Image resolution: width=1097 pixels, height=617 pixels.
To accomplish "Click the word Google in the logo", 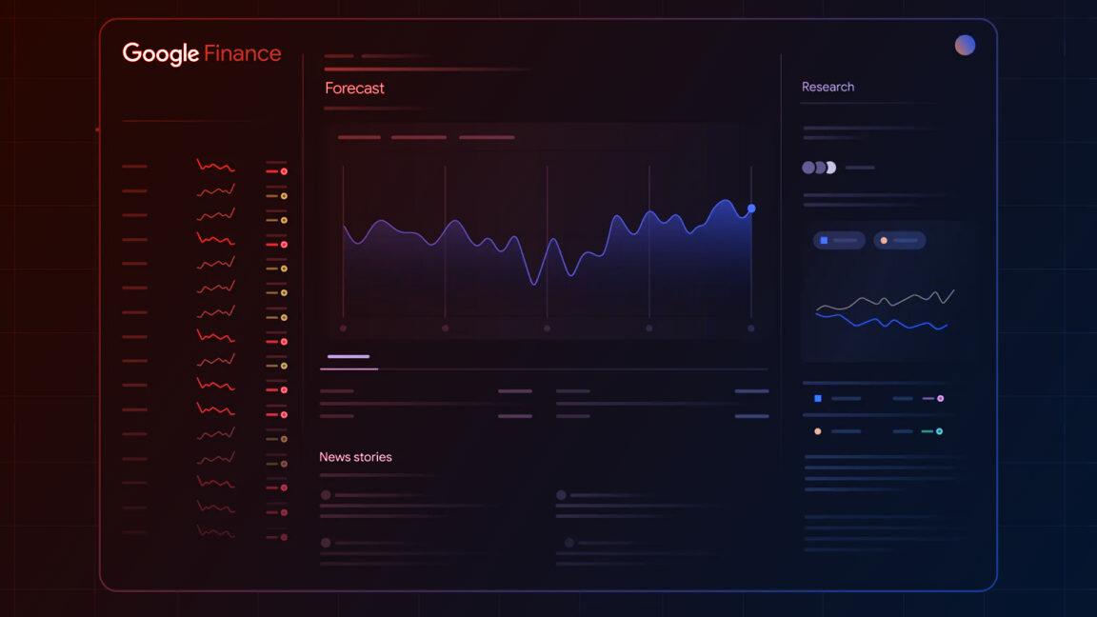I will (x=160, y=53).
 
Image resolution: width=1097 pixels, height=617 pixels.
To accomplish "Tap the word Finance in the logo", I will (x=242, y=53).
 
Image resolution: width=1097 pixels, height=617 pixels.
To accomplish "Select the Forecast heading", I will (x=354, y=88).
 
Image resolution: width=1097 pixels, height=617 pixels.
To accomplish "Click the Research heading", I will (x=828, y=87).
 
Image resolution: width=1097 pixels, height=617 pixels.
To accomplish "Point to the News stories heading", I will (x=355, y=457).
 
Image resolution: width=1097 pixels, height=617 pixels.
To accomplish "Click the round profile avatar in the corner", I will (x=965, y=45).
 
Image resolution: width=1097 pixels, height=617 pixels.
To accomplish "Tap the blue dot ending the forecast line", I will (x=751, y=208).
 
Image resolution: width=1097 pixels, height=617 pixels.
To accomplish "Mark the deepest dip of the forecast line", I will (x=534, y=283).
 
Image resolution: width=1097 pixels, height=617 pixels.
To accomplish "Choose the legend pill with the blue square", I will (x=839, y=241).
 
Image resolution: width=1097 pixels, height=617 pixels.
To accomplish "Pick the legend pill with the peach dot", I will (x=899, y=241).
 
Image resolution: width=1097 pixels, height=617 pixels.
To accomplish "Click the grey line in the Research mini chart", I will (x=886, y=302).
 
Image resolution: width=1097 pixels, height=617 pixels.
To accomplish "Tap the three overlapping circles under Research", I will (x=818, y=168).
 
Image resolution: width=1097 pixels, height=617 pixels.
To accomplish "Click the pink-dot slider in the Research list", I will (x=934, y=398).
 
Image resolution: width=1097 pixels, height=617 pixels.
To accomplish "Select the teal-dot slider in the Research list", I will (x=933, y=431).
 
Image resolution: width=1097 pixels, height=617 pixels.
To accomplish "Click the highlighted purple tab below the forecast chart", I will (x=349, y=357).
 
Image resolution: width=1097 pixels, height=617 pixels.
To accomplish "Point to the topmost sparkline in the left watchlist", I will (x=215, y=166).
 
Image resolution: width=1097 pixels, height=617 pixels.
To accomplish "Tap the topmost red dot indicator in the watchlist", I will (x=284, y=171).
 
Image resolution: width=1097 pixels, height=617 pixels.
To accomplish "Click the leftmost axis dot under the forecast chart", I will (x=343, y=328).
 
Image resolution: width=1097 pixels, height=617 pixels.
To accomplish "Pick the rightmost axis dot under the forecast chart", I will (x=751, y=328).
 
